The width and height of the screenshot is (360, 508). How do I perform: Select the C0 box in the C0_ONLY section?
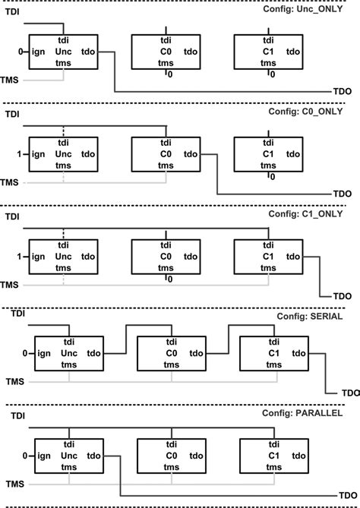165,155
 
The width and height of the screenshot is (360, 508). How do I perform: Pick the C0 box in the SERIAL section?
170,353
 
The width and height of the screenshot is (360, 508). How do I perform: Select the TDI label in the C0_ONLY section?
12,115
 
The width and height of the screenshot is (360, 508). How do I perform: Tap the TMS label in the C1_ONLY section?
10,284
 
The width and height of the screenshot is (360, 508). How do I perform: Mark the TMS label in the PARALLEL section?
14,483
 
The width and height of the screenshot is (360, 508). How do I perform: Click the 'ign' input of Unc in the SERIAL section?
44,353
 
